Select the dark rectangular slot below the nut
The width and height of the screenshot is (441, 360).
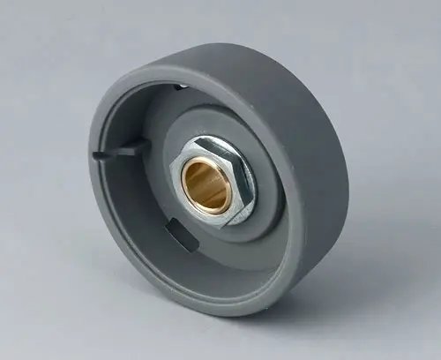tap(179, 233)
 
